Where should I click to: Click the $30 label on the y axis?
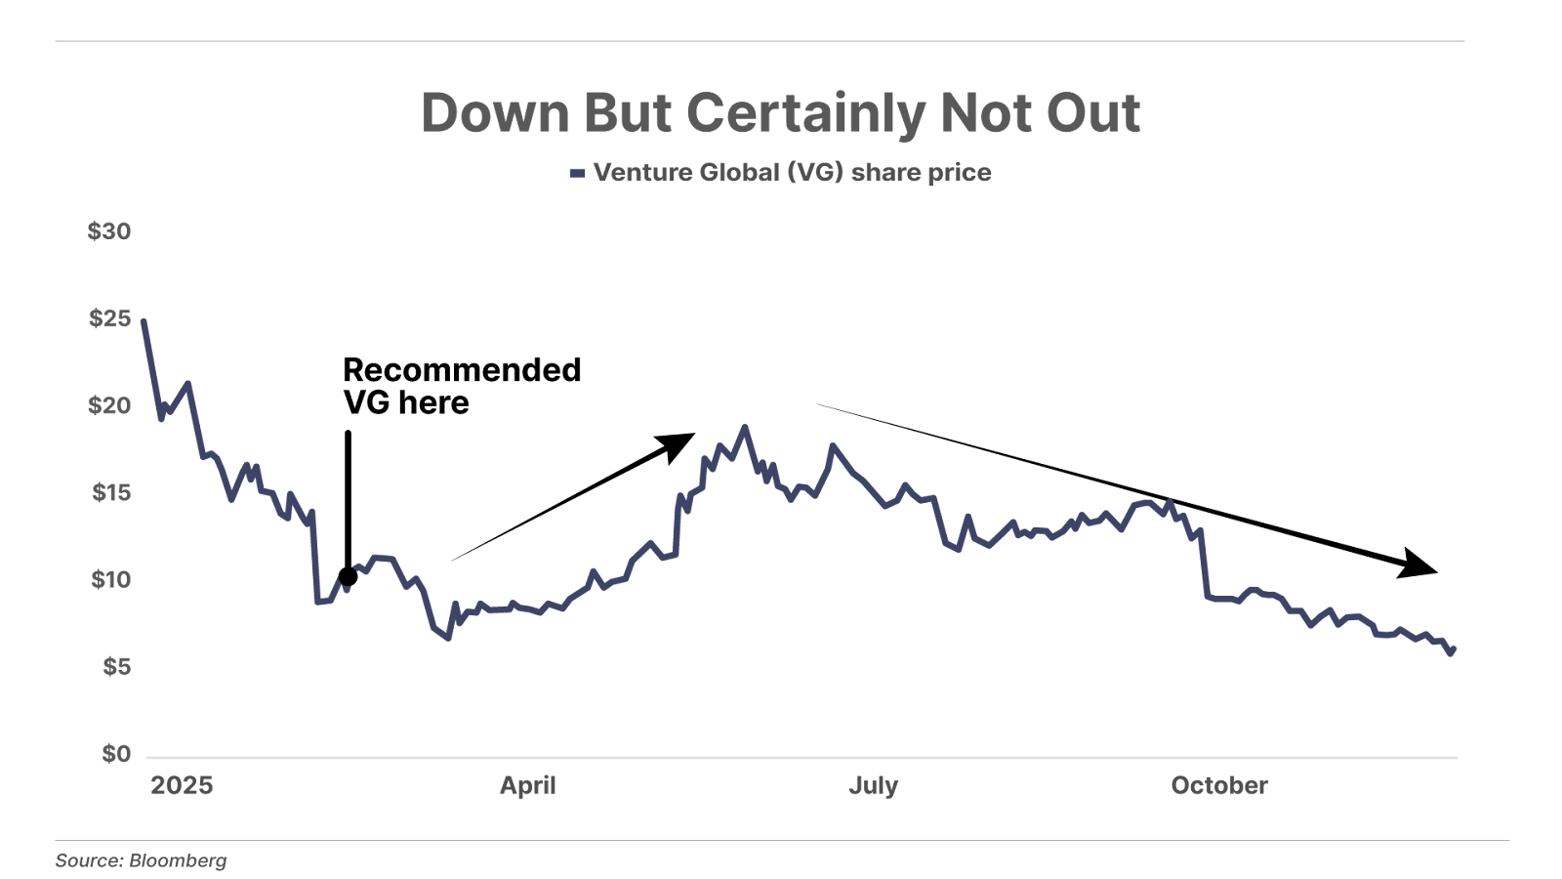[109, 231]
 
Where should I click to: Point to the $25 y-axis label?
[109, 318]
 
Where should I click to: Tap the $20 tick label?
[109, 405]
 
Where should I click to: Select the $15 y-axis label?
[110, 492]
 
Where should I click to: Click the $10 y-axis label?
[110, 579]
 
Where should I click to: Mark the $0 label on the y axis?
[116, 753]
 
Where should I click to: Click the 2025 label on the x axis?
[182, 786]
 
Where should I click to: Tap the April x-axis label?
[528, 786]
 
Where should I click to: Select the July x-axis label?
[874, 786]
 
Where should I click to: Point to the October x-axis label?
[1219, 786]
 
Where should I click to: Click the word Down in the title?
[495, 113]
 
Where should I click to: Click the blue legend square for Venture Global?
[577, 173]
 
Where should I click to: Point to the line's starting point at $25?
[144, 320]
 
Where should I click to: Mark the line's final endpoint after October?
[1455, 648]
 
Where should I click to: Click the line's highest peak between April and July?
[746, 427]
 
